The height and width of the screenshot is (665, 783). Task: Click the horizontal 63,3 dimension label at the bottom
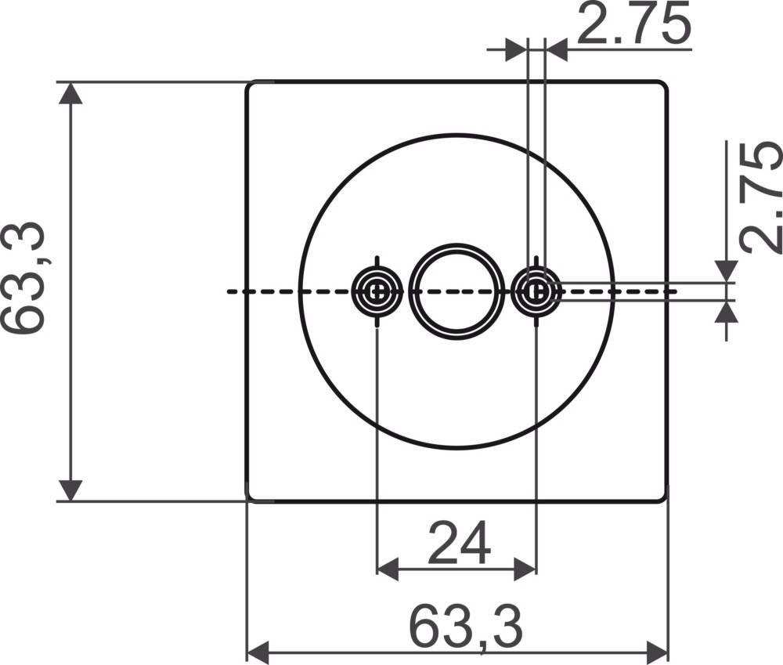466,627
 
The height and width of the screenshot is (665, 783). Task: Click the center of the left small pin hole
377,291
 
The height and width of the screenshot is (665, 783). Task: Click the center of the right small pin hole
536,291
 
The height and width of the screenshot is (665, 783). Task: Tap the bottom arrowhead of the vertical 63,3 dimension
71,490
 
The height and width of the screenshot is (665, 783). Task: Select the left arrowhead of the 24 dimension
388,569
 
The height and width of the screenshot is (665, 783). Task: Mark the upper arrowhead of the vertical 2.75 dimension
727,270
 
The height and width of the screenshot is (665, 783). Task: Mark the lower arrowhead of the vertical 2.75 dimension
727,313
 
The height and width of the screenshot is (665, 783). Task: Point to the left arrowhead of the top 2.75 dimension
516,50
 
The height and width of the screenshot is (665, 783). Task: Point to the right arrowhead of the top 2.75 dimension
556,50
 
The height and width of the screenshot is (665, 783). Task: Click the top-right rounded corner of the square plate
664,85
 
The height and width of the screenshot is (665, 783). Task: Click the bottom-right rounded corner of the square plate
664,496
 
